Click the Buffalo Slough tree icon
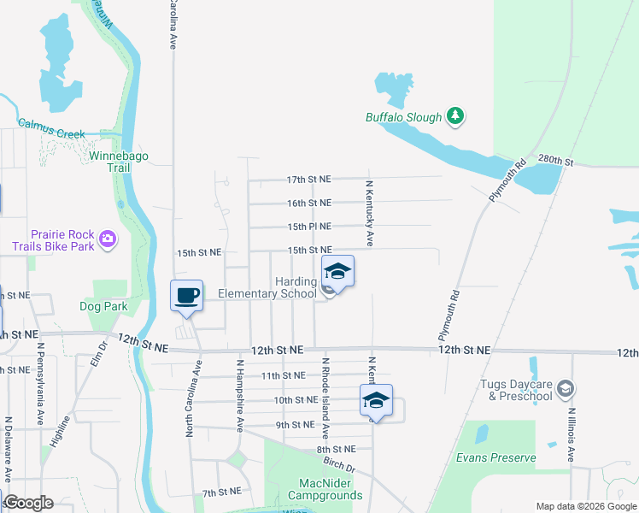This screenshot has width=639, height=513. point(455,117)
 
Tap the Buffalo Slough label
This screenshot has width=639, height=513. point(404,118)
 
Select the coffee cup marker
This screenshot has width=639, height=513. point(186,296)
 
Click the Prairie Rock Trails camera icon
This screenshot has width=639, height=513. point(108,239)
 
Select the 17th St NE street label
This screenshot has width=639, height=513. point(308,180)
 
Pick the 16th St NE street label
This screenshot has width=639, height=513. point(308,203)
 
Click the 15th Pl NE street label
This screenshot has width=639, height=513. point(308,227)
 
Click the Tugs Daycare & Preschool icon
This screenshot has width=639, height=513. point(565,389)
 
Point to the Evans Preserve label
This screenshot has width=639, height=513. point(495,457)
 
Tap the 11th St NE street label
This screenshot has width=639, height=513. point(283,375)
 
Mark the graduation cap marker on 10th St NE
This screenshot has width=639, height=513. point(376,400)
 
